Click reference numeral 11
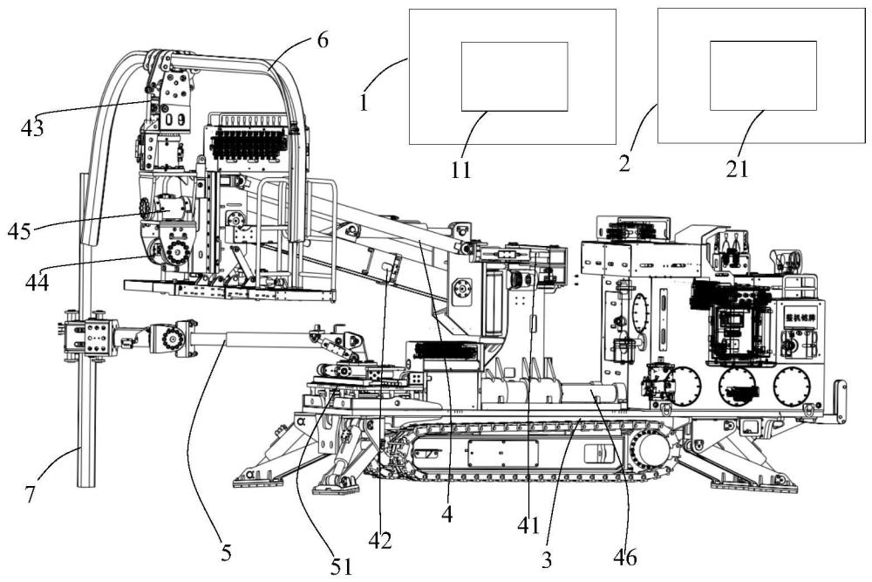tap(461, 170)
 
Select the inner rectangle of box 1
tap(514, 76)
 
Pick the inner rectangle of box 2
tap(763, 75)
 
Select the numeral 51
tap(341, 565)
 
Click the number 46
tap(624, 555)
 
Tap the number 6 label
tap(323, 41)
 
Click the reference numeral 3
tap(547, 559)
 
